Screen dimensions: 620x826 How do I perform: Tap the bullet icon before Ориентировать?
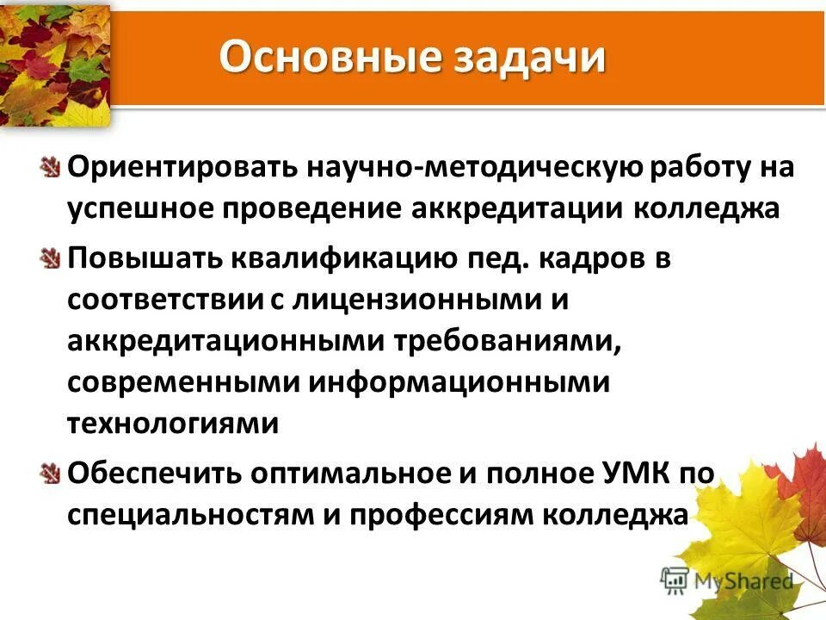[x=51, y=166]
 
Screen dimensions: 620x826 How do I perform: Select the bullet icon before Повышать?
[x=51, y=257]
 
